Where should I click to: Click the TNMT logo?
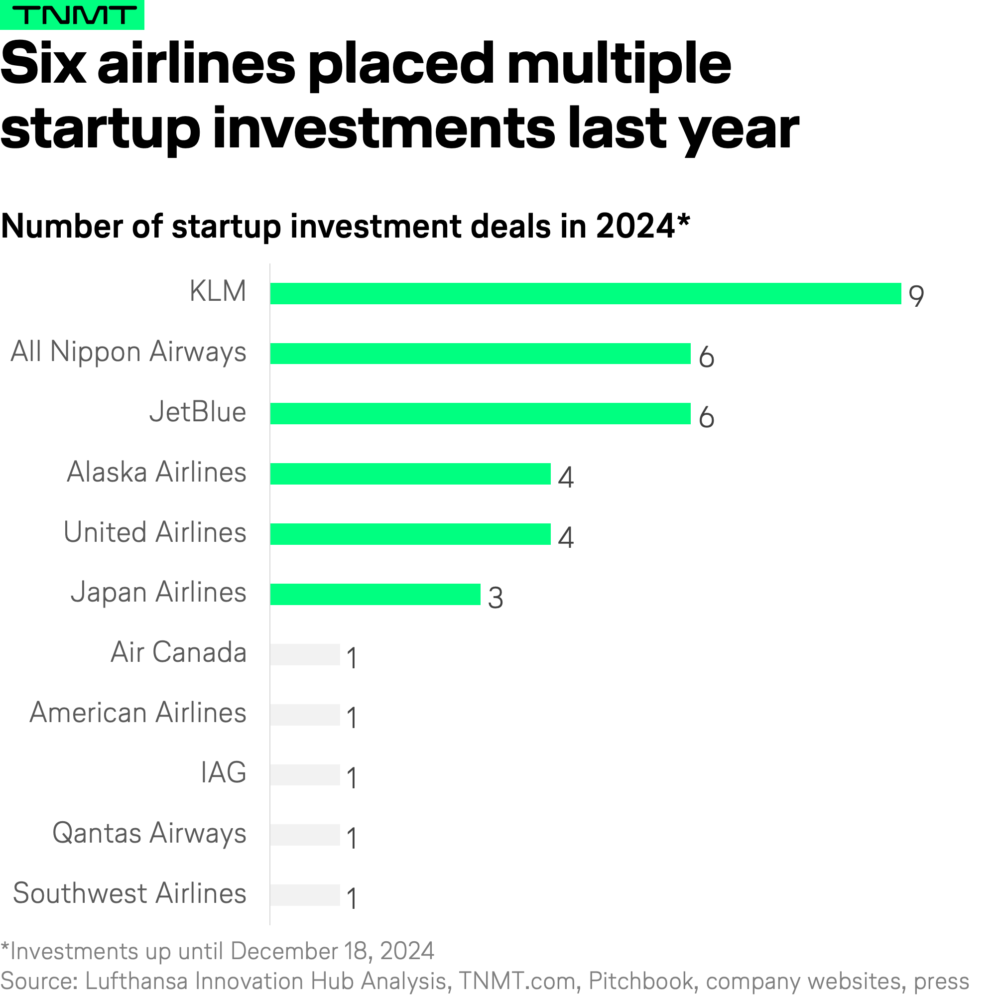(x=72, y=15)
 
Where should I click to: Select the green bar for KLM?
(x=585, y=293)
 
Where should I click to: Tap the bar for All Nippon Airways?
(x=480, y=354)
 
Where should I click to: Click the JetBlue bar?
(x=480, y=414)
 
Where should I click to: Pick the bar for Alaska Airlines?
(x=410, y=474)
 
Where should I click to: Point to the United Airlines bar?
(x=410, y=534)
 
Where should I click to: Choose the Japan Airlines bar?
(x=375, y=595)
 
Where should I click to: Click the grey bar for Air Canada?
(x=305, y=655)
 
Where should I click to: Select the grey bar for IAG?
(x=305, y=775)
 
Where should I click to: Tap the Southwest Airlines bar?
(x=305, y=895)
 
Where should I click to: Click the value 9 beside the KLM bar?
(x=916, y=296)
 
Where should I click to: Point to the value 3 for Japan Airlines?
(x=496, y=598)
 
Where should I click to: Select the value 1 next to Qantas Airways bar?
(x=352, y=838)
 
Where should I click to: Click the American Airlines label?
(x=137, y=713)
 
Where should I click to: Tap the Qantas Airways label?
(x=149, y=834)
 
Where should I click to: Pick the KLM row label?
(x=218, y=291)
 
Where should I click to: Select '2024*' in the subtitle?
(x=642, y=226)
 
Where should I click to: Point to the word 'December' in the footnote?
(x=288, y=952)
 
